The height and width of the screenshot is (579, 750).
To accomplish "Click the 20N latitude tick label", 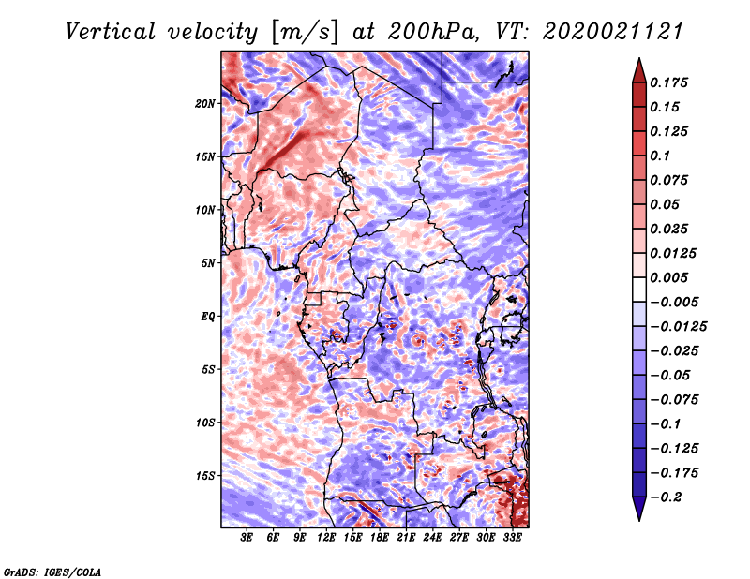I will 205,103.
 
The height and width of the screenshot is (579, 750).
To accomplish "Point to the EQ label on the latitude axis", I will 207,316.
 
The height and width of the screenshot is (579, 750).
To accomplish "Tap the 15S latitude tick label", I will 205,476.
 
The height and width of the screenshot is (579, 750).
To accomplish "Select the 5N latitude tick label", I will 207,263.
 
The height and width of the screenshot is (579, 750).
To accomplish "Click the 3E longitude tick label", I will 247,539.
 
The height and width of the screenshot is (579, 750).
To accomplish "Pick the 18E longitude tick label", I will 380,539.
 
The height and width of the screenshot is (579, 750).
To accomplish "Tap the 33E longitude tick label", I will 512,539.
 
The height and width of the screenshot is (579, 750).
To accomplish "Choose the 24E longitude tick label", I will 432,539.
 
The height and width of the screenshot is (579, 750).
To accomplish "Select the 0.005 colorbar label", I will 670,277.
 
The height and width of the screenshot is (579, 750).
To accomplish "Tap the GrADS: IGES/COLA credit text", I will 52,571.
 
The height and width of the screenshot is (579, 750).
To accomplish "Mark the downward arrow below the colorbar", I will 638,512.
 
